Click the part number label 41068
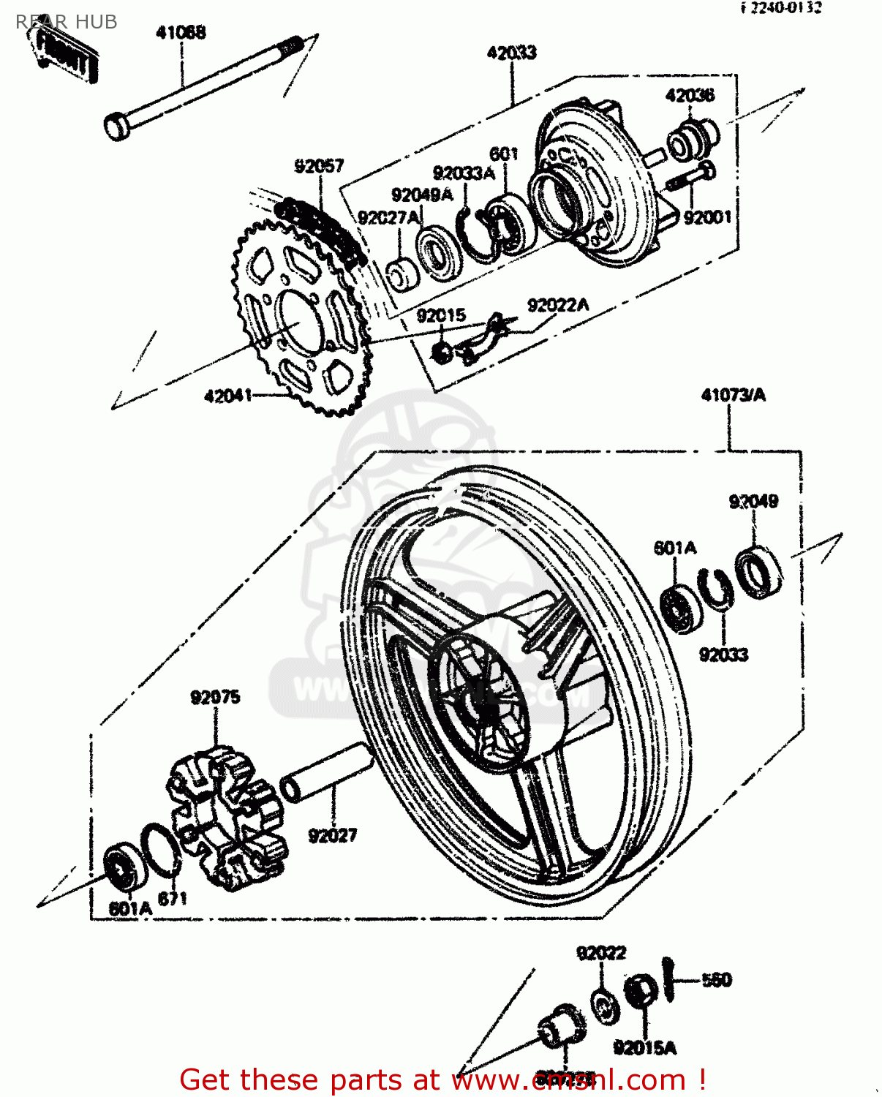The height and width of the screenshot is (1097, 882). [x=181, y=32]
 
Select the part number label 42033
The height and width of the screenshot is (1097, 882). [x=511, y=53]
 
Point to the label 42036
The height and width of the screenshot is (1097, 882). [x=690, y=95]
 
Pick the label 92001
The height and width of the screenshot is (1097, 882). [x=707, y=217]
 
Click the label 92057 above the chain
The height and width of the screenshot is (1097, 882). [x=319, y=166]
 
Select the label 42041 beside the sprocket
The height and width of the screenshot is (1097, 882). [x=227, y=396]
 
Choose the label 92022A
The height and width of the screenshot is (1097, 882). [x=558, y=305]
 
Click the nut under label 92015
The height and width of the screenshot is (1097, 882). [x=442, y=352]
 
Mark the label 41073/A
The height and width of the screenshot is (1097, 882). [x=733, y=395]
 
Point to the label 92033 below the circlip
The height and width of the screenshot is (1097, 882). [x=723, y=654]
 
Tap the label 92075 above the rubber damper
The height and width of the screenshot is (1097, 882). [x=215, y=697]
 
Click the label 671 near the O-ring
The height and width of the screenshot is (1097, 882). [x=173, y=897]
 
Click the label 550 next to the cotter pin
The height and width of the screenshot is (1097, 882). [x=716, y=980]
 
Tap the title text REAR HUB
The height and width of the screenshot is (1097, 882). [x=67, y=22]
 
